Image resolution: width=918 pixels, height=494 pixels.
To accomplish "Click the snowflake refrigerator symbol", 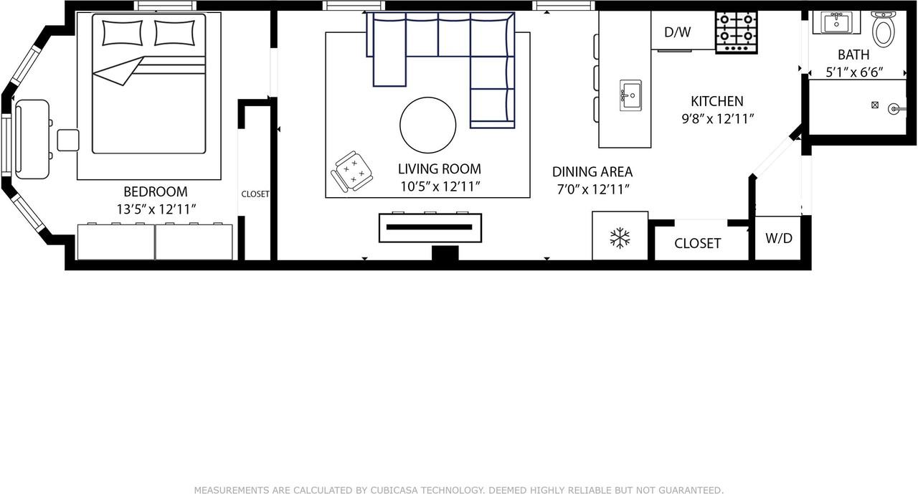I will click(620, 238).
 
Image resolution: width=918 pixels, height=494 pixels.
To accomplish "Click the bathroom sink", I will click(836, 22).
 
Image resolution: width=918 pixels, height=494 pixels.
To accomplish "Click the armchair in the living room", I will click(353, 171).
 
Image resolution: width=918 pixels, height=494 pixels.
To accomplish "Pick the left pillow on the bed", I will click(123, 33).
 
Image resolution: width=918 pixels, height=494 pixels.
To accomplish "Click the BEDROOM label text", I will click(156, 192).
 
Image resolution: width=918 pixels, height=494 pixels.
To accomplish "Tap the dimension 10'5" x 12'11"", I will click(439, 186).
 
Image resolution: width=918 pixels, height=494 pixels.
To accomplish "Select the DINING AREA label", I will click(592, 172).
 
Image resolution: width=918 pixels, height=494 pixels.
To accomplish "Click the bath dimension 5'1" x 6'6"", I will click(853, 72).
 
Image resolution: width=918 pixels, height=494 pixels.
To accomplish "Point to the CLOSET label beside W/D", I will click(697, 244).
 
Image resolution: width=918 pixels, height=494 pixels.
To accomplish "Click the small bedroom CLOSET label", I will click(255, 194).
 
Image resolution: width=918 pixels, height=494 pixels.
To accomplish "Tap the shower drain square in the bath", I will click(874, 105).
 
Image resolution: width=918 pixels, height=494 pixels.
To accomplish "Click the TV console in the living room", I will click(430, 227).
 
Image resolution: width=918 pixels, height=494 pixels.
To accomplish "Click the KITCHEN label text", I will click(716, 101).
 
